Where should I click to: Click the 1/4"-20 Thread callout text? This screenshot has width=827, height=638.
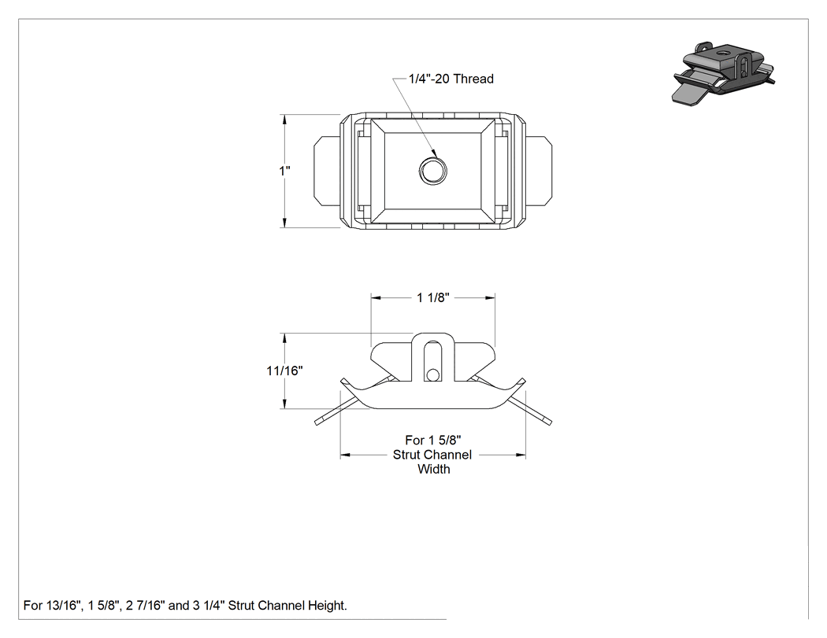coord(451,79)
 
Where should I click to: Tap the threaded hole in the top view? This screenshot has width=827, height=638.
coord(433,170)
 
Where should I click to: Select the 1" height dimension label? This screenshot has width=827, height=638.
coord(285,171)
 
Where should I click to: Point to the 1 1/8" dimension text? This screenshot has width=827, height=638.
coord(433,297)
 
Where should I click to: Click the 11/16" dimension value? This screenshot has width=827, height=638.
coord(285,371)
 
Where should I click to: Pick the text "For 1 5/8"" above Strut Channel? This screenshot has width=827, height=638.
coord(433,440)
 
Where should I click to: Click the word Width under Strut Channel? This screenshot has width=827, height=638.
coord(433,469)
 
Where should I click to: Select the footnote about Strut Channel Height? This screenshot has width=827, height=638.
coord(185,605)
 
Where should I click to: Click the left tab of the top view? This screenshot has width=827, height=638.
coord(327,171)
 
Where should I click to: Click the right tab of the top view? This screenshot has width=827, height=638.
coord(539,171)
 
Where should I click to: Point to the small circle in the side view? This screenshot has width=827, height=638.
coord(433,374)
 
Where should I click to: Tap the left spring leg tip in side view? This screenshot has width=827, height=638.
coord(318,422)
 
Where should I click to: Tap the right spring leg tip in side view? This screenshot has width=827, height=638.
coord(548,422)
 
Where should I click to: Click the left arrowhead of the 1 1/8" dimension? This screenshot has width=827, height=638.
coord(376,298)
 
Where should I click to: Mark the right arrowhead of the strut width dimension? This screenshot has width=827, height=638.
coord(521,455)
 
